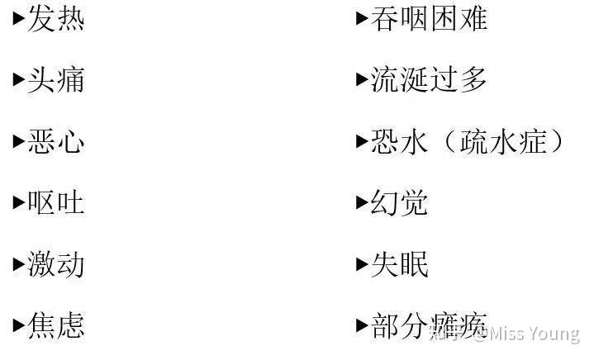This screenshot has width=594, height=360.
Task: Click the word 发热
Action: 56,18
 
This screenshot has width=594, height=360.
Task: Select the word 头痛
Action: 56,80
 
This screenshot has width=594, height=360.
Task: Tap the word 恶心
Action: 56,142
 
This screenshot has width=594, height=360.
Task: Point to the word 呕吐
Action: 56,203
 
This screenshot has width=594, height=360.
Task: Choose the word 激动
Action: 56,265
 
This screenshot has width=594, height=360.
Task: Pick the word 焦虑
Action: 56,326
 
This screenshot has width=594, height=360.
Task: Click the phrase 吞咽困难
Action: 429,18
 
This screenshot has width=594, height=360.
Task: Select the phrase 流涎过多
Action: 429,80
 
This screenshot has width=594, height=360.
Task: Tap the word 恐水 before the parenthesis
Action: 399,142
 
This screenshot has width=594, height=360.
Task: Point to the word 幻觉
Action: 399,203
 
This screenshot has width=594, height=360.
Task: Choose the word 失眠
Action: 399,265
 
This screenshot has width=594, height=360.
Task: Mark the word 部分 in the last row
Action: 399,326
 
